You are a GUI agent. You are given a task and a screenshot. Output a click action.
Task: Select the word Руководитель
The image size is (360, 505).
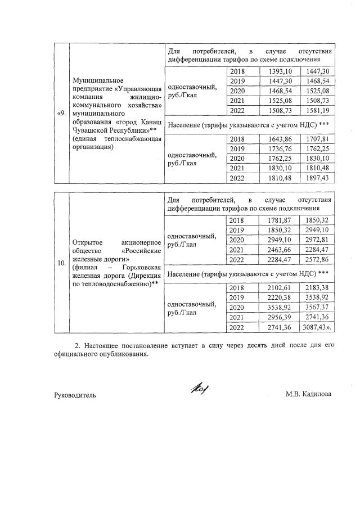click(75, 395)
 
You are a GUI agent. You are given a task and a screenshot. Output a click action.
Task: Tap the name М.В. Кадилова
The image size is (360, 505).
click(308, 394)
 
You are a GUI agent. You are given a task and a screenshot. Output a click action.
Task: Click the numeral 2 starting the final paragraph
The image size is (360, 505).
click(76, 345)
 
